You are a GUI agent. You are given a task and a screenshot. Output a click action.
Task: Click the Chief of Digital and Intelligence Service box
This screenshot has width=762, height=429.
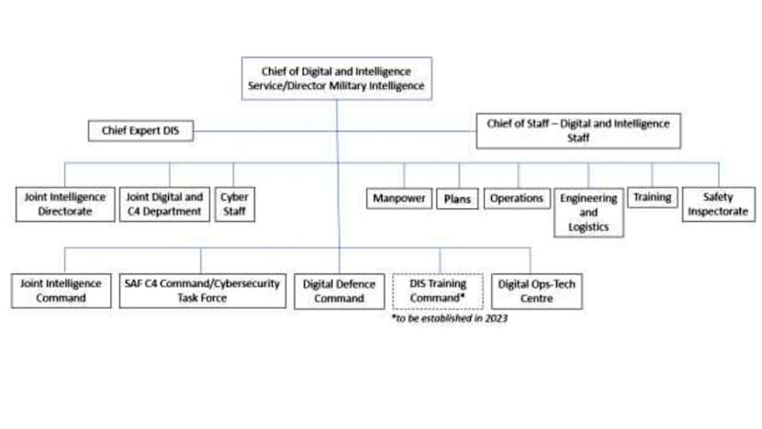point(336,78)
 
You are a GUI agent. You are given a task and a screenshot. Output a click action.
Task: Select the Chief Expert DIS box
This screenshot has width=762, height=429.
point(140,131)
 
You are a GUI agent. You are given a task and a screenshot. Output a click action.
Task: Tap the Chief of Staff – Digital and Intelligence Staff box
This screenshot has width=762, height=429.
point(578,131)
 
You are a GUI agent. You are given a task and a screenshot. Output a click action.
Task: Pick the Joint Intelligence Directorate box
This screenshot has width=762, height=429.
point(64,204)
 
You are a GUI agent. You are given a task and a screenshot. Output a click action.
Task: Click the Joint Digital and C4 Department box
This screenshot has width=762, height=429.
point(164,204)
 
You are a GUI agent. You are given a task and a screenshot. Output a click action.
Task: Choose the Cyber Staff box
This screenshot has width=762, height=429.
point(234,204)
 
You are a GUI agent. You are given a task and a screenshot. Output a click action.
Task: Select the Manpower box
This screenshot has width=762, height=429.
point(400,198)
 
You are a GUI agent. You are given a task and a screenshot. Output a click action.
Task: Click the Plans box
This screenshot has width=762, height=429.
point(456,198)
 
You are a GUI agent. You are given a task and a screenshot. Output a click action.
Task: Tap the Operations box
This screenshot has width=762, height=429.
point(517,198)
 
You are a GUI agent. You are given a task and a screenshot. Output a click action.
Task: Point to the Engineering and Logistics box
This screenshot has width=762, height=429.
point(588,212)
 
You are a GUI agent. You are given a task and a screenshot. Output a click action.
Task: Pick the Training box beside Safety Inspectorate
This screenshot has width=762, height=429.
point(652,197)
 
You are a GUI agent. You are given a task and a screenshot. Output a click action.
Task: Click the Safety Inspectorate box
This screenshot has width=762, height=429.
point(718,204)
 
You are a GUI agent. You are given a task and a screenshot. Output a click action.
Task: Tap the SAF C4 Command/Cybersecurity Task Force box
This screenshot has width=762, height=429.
point(201,291)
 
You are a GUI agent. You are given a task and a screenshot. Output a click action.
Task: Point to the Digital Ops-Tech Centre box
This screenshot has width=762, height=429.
point(537,291)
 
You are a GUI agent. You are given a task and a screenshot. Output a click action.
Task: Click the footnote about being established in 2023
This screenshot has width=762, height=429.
point(449,319)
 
